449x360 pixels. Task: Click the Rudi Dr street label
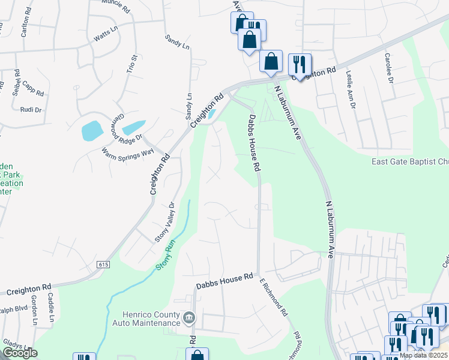click(31, 110)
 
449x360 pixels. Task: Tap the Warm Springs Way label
click(128, 153)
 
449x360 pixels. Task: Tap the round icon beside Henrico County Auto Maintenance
click(188, 316)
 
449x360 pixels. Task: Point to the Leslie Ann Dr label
click(351, 89)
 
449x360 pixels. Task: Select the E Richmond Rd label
click(274, 298)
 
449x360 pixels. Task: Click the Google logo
click(20, 353)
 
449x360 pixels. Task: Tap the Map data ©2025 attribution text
click(423, 356)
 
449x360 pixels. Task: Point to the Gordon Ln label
click(34, 312)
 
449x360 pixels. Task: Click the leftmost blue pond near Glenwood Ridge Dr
click(92, 130)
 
